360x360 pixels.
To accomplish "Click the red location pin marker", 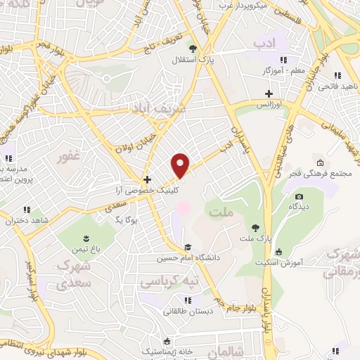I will (181, 165).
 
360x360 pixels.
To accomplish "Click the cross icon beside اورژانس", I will (267, 94).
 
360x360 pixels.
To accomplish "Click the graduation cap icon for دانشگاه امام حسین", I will (188, 246).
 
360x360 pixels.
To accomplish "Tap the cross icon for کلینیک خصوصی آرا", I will (147, 179).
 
